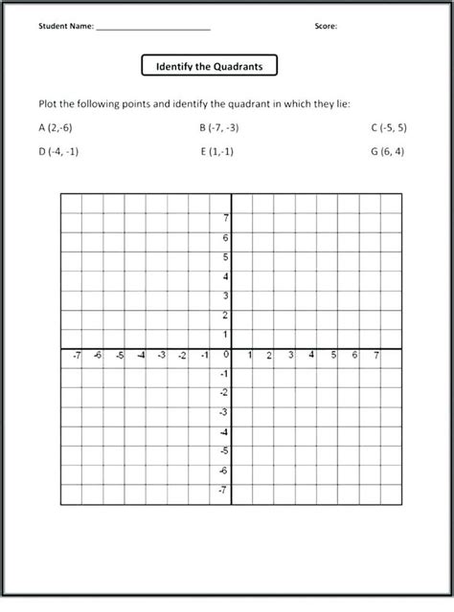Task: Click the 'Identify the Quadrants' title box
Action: (209, 67)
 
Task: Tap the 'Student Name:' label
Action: (66, 27)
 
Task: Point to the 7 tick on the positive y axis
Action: (226, 217)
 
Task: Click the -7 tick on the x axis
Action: (77, 356)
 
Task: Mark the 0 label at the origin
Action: (226, 355)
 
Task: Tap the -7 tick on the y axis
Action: (224, 491)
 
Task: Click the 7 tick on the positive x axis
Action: (376, 356)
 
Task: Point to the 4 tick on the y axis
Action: (226, 276)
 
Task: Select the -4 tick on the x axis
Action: (141, 356)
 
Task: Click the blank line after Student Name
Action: (153, 28)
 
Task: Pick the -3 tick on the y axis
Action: (224, 412)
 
